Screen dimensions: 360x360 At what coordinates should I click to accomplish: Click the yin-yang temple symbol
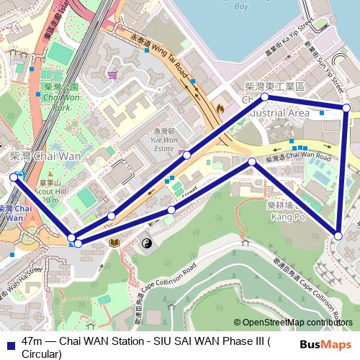(x=145, y=244)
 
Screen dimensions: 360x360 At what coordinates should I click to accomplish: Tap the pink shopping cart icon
(x=112, y=74)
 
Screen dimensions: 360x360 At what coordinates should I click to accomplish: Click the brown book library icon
(x=113, y=244)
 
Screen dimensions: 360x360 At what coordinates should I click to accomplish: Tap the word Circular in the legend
(x=42, y=354)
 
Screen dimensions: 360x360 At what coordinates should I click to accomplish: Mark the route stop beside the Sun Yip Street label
(x=346, y=108)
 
